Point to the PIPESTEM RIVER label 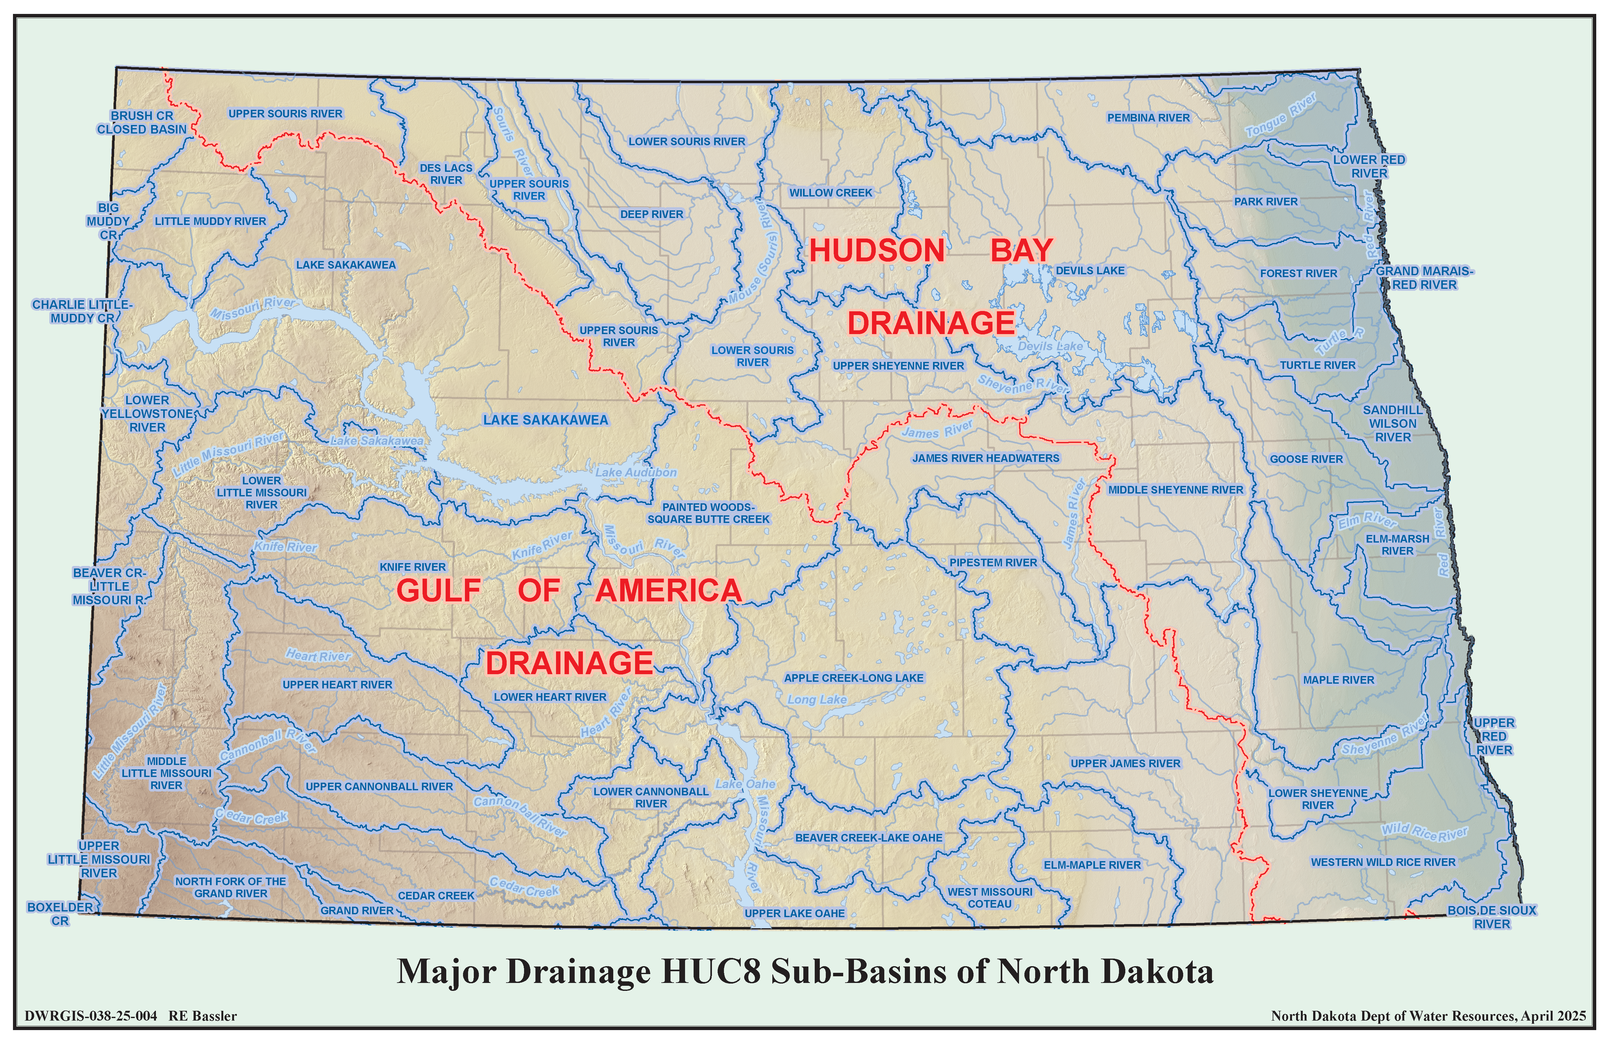(993, 563)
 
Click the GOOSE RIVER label (1306, 459)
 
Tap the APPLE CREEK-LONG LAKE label (853, 678)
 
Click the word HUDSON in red (876, 251)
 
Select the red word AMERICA (668, 591)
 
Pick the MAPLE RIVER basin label (1338, 680)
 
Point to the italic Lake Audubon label (636, 473)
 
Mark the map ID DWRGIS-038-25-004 (91, 1016)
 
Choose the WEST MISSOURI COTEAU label (990, 898)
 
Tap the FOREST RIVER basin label (1299, 273)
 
